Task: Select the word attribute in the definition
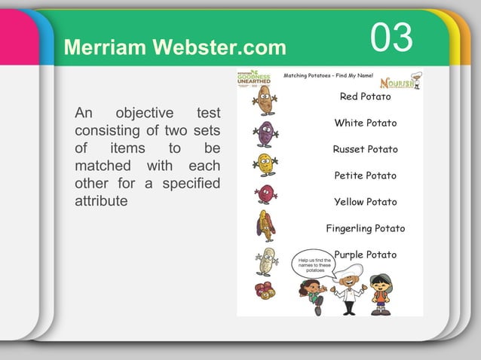pyautogui.click(x=101, y=203)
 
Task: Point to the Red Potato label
pyautogui.click(x=365, y=96)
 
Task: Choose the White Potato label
pyautogui.click(x=365, y=123)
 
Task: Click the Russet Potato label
pyautogui.click(x=365, y=149)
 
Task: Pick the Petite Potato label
pyautogui.click(x=365, y=175)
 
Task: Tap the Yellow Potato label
pyautogui.click(x=365, y=202)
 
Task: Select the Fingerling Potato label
pyautogui.click(x=365, y=228)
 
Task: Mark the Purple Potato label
pyautogui.click(x=365, y=255)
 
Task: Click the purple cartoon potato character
pyautogui.click(x=265, y=133)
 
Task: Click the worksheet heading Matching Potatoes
pyautogui.click(x=329, y=76)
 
